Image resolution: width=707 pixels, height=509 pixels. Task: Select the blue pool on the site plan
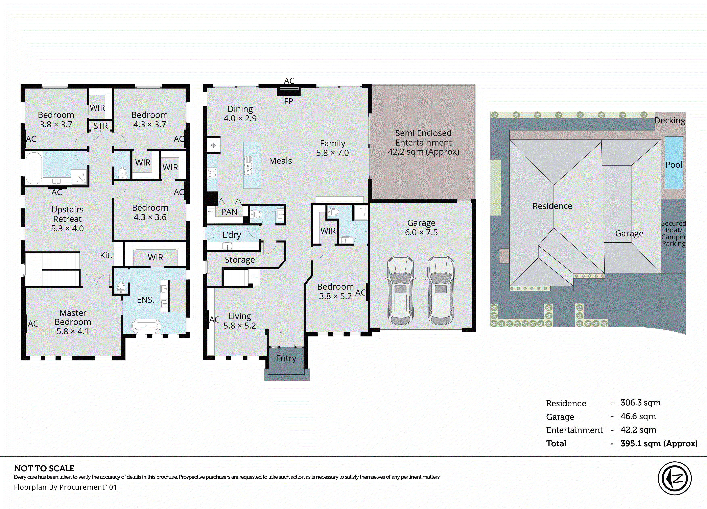(674, 163)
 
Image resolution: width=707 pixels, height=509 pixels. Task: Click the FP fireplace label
(289, 102)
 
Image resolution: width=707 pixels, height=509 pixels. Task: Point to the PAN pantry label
(229, 212)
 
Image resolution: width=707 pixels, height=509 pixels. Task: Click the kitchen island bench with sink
(252, 165)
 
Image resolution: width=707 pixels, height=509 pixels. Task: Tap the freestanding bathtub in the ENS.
(146, 326)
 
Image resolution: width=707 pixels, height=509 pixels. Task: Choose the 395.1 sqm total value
(659, 443)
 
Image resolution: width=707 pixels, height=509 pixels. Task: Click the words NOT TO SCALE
(44, 468)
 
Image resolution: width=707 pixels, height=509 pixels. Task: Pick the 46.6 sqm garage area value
(638, 416)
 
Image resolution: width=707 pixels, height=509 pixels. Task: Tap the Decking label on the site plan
(670, 121)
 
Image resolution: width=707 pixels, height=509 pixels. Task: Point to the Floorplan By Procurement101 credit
(66, 487)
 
